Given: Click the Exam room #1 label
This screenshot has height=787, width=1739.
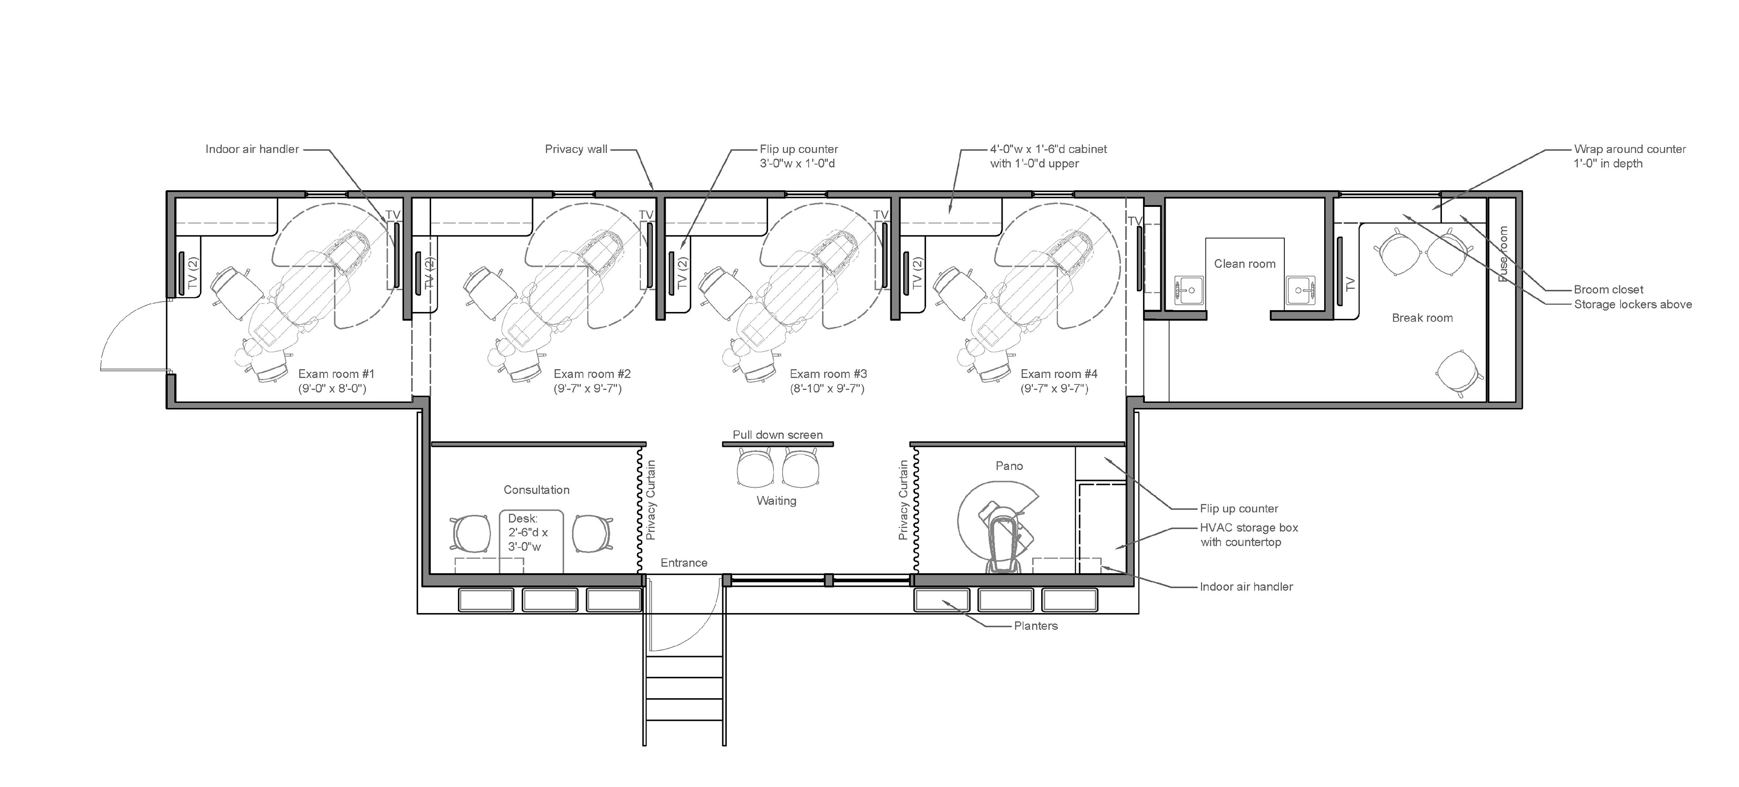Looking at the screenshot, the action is tap(336, 374).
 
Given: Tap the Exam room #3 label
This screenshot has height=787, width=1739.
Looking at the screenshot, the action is tap(828, 374).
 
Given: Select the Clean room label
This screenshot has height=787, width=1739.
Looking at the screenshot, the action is tap(1245, 264).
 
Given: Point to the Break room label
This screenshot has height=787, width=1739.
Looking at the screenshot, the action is tap(1422, 318).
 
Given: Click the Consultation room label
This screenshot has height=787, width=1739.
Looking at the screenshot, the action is tap(537, 490).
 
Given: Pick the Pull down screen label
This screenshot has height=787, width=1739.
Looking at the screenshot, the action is tap(778, 435).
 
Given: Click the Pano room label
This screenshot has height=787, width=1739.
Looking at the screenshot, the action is tap(1009, 465).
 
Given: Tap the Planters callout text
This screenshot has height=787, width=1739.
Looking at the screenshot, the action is tap(1036, 626).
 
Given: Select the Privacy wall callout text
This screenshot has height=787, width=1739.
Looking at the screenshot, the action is tap(576, 149).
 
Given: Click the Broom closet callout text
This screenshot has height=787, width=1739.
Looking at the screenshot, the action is tap(1609, 289).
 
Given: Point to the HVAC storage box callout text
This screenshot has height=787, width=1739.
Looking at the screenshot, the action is tap(1249, 528).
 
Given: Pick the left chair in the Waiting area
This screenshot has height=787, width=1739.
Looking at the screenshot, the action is tap(755, 468).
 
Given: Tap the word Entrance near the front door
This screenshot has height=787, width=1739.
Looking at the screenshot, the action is tap(684, 563).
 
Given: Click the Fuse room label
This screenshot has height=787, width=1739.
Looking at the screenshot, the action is tap(1503, 254).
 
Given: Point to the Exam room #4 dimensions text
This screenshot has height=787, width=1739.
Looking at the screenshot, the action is tap(1054, 389).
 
